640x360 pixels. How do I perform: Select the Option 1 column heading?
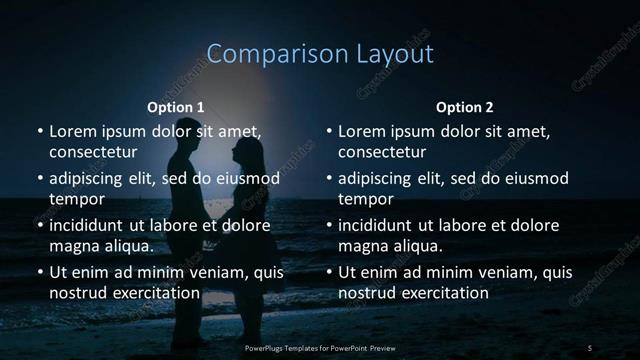pyautogui.click(x=176, y=107)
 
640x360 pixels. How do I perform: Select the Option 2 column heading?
pyautogui.click(x=464, y=107)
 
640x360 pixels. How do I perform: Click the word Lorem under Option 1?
pyautogui.click(x=72, y=131)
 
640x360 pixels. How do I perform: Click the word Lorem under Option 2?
pyautogui.click(x=361, y=131)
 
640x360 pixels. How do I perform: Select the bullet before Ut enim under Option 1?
pyautogui.click(x=40, y=272)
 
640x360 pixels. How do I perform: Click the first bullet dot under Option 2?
pyautogui.click(x=329, y=131)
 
